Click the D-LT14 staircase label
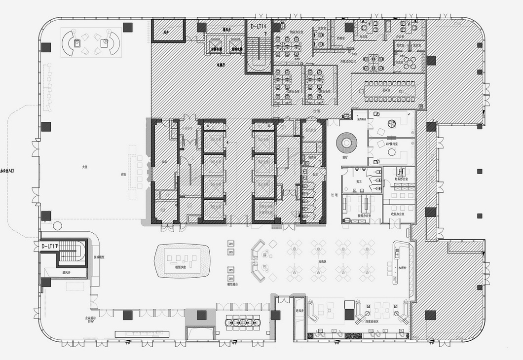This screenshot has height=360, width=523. (x=259, y=26)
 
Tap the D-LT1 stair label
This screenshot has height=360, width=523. (x=50, y=246)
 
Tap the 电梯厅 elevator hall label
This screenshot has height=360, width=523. (x=221, y=64)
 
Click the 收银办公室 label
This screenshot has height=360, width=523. (x=398, y=214)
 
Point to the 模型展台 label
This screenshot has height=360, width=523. (x=233, y=285)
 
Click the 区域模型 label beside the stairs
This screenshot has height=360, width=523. (x=99, y=257)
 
